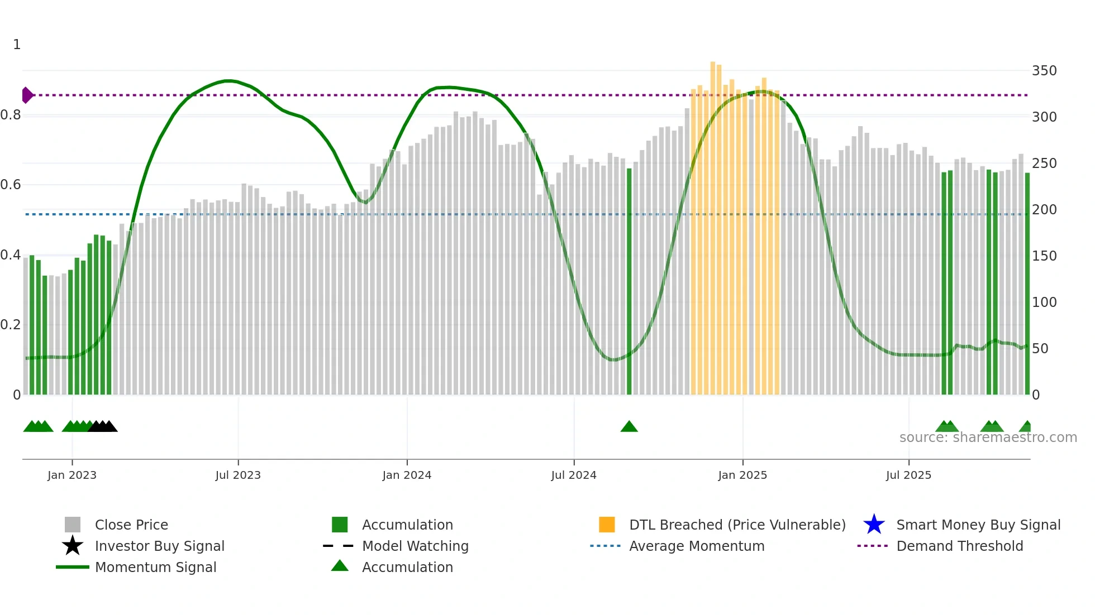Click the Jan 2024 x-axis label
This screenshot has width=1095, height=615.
point(407,475)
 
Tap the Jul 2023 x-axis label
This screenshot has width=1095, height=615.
point(238,475)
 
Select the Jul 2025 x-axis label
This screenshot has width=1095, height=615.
point(908,475)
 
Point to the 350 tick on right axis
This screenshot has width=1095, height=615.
point(1044,71)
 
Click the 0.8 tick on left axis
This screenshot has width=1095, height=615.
point(11,115)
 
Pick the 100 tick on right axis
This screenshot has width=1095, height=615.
point(1044,302)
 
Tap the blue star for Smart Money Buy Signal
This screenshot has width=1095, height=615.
point(874,525)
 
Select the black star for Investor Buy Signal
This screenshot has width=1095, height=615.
point(73,546)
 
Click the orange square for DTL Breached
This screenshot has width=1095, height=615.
point(607,525)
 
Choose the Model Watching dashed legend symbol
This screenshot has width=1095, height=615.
point(339,546)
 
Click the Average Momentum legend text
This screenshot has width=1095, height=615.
point(697,546)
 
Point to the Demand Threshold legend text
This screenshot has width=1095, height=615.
point(959,546)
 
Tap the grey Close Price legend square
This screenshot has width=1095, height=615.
point(73,525)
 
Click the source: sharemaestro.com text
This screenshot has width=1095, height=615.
point(988,438)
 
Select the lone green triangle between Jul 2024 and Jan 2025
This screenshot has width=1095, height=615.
point(629,427)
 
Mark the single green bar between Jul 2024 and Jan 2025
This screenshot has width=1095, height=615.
point(629,279)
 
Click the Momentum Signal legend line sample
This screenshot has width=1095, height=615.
point(73,567)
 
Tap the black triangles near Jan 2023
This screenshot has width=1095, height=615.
point(103,427)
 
